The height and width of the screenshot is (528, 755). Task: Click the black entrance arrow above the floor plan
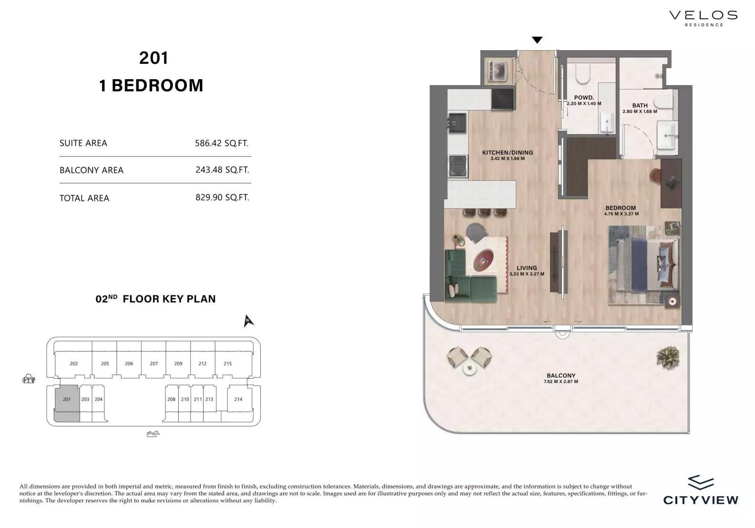click(x=537, y=40)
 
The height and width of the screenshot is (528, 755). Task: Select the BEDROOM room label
click(x=621, y=208)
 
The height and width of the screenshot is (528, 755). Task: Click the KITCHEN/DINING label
click(x=507, y=152)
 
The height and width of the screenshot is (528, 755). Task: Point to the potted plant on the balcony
click(x=668, y=357)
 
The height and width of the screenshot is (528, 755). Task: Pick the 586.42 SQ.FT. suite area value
click(x=222, y=143)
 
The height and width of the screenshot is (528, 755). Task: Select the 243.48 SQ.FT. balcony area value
click(x=222, y=170)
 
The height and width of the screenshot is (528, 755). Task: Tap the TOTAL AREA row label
click(x=84, y=198)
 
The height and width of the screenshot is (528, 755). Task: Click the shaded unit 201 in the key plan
click(x=67, y=403)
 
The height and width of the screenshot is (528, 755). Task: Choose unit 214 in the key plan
click(x=238, y=399)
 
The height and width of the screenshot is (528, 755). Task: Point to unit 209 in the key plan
click(x=178, y=364)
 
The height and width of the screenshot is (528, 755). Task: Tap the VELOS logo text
click(x=703, y=15)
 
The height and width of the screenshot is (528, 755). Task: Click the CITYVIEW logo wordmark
click(x=701, y=500)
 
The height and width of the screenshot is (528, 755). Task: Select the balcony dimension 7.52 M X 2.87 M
click(x=561, y=381)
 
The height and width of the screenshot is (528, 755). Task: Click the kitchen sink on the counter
click(x=458, y=122)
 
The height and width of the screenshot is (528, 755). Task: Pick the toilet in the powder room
click(x=583, y=73)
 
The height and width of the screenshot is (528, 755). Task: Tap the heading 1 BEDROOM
click(x=152, y=85)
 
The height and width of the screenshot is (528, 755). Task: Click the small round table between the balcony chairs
click(x=469, y=369)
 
